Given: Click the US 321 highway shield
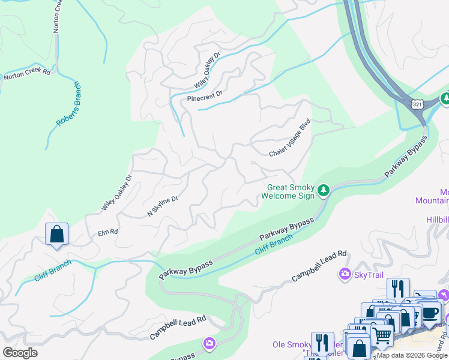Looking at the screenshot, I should click(x=417, y=104).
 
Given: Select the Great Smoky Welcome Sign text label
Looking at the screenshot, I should click(x=291, y=191).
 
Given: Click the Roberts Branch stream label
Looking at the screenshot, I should click(x=68, y=103).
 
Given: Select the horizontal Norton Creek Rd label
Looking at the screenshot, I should click(x=26, y=75).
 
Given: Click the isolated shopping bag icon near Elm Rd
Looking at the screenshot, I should click(x=56, y=234).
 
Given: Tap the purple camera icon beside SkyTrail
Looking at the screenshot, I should click(x=345, y=274).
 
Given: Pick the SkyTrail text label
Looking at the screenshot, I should click(x=369, y=274).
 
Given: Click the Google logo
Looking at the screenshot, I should click(x=20, y=352).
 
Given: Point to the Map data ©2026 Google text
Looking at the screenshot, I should click(x=412, y=355).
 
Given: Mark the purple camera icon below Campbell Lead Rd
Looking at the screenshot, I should click(x=209, y=343).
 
